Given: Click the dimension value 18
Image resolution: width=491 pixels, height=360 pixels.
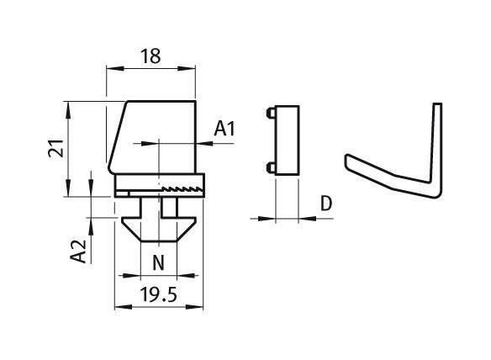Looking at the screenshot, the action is [x=150, y=56].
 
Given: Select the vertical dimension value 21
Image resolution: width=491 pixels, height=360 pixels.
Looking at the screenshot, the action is [x=56, y=148].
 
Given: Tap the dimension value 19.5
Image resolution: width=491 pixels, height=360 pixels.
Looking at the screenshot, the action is [x=158, y=294].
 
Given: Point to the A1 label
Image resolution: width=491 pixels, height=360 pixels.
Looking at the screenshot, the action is [x=224, y=129].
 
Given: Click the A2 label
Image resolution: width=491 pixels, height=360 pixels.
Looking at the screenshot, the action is [x=78, y=251].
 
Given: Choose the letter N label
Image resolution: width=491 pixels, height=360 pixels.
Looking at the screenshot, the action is [x=158, y=262].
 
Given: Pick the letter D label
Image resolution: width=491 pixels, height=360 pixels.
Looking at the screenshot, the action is [x=326, y=204].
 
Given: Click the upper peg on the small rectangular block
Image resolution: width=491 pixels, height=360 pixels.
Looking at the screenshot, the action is [x=271, y=113].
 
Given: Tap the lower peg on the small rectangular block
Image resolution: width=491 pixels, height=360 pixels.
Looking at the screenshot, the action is [x=271, y=168].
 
